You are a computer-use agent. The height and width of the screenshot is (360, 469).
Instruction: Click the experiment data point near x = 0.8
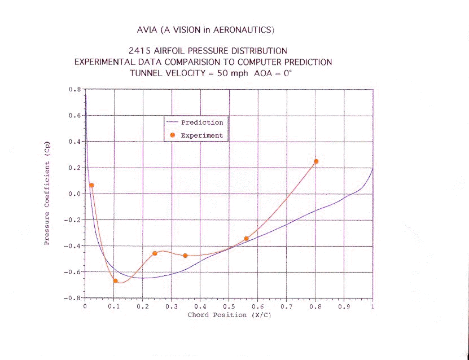point(316,161)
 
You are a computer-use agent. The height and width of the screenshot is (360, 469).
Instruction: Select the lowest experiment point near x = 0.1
point(115,280)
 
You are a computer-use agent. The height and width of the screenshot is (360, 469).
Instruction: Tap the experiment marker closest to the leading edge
point(91,185)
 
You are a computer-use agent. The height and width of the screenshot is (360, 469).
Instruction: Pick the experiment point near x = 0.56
point(246,239)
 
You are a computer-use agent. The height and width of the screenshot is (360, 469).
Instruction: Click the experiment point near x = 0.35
point(185,256)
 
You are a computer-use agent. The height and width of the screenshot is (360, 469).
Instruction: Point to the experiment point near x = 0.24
point(155,253)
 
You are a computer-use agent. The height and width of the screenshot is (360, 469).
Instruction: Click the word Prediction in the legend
point(201,122)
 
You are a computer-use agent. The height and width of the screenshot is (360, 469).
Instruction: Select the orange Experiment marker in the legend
point(173,135)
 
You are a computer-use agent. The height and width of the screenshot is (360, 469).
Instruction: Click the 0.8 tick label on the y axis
point(74,89)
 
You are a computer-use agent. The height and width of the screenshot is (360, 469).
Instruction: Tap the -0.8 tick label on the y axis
point(73,297)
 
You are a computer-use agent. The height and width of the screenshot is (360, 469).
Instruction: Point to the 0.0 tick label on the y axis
point(74,194)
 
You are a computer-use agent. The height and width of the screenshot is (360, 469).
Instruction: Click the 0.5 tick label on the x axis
point(228,306)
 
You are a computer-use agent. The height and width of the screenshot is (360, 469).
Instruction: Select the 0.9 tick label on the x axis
point(343,306)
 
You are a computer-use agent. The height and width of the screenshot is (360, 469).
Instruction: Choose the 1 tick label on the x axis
point(372,306)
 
